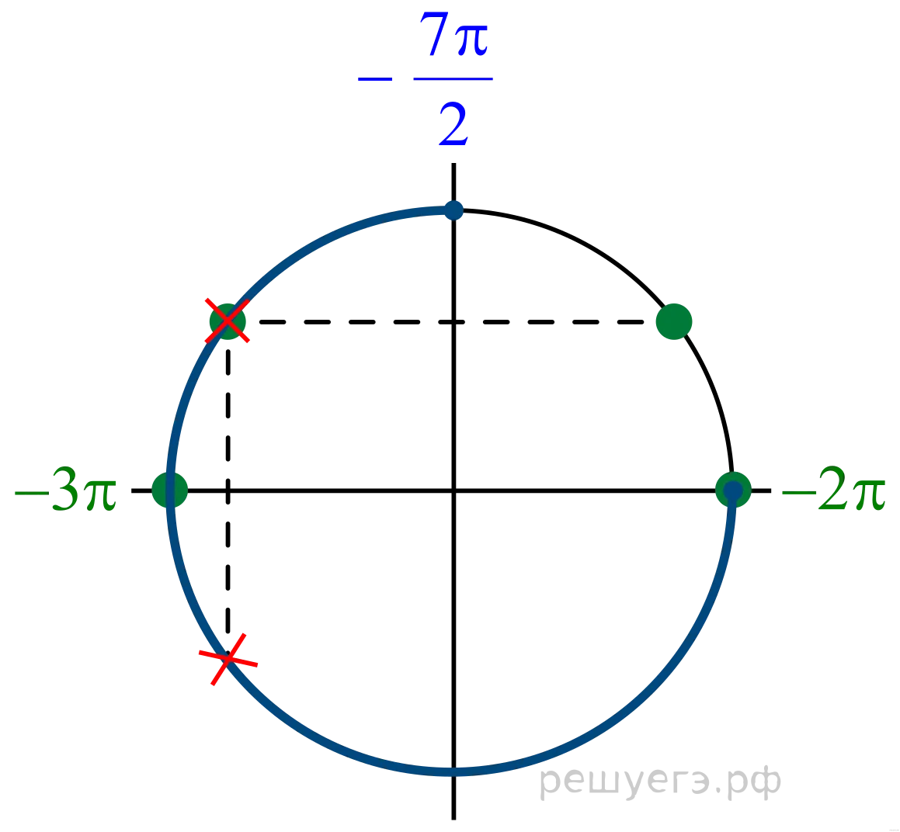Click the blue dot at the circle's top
coord(453,210)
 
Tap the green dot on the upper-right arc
coord(674,321)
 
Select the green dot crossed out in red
coord(228,321)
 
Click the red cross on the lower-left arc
coord(228,659)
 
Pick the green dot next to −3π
coord(170,490)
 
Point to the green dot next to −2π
coord(734,490)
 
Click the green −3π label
coord(65,490)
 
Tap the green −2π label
coord(833,490)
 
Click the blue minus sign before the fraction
coord(375,78)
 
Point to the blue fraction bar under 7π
coord(453,78)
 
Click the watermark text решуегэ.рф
coord(660,782)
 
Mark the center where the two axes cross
coord(453,491)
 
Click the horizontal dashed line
coord(451,322)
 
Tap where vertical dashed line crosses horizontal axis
coord(228,491)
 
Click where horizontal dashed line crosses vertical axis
coord(453,322)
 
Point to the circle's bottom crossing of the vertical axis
coord(453,771)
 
